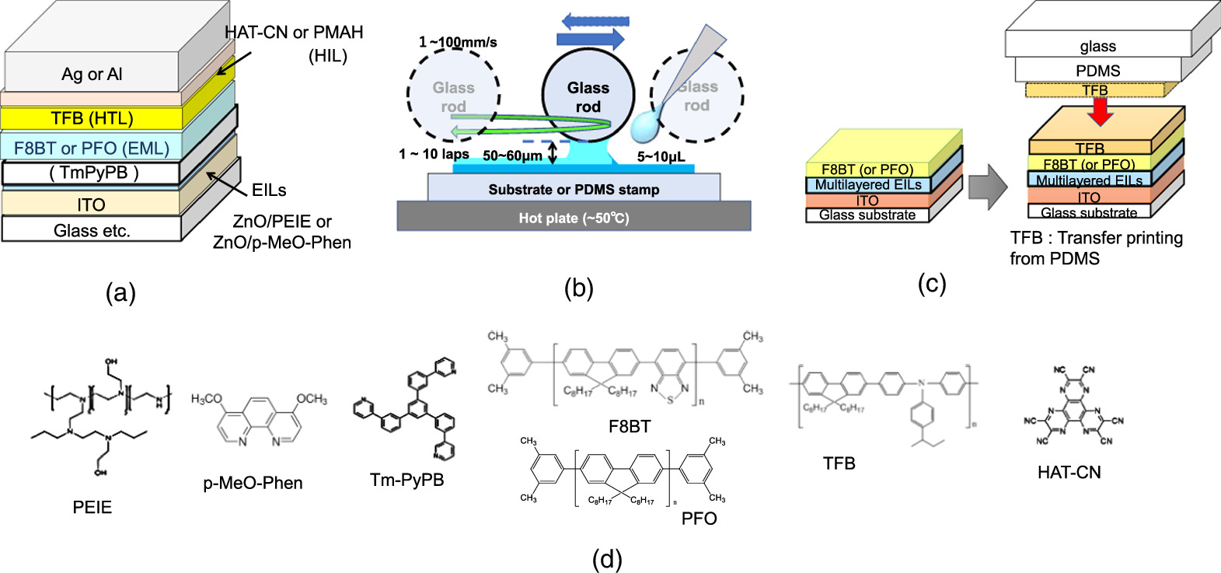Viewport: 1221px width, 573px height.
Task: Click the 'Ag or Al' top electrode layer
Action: pyautogui.click(x=92, y=74)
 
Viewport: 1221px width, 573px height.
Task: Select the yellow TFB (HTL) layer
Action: pyautogui.click(x=92, y=118)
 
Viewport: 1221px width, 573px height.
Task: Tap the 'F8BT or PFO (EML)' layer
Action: pyautogui.click(x=92, y=148)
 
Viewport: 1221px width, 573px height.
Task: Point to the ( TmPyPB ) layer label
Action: pyautogui.click(x=93, y=173)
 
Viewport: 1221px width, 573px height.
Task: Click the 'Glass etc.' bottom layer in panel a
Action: pyautogui.click(x=92, y=230)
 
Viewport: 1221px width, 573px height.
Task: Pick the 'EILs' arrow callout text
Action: pyautogui.click(x=269, y=190)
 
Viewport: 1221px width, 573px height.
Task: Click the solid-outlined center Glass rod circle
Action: pyautogui.click(x=588, y=96)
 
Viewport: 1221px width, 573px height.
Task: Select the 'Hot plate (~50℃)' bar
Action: pyautogui.click(x=574, y=218)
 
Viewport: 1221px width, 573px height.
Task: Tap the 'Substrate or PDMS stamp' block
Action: pyautogui.click(x=574, y=189)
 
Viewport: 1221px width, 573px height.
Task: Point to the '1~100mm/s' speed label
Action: pyautogui.click(x=458, y=42)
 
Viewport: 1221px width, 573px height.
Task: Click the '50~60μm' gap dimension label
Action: pyautogui.click(x=512, y=155)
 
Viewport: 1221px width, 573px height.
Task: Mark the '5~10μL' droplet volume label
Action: pyautogui.click(x=661, y=157)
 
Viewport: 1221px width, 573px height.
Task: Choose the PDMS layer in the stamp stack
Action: pyautogui.click(x=1097, y=71)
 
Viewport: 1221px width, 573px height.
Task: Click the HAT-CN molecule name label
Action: pyautogui.click(x=1069, y=472)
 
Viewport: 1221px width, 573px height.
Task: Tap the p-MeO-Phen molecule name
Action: pyautogui.click(x=253, y=483)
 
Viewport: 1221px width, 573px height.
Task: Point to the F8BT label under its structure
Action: pyautogui.click(x=629, y=426)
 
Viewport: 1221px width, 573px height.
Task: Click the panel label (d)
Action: pyautogui.click(x=606, y=558)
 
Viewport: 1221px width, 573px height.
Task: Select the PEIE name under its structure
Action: pyautogui.click(x=92, y=507)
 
